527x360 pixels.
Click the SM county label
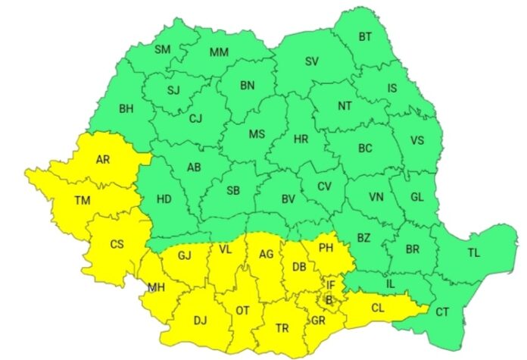point(163,50)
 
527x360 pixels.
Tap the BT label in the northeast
point(365,36)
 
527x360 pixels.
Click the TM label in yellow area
point(82,202)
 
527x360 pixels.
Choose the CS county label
point(117,244)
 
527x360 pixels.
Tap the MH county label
point(157,288)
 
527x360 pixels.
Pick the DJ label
point(200,321)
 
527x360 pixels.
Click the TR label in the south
point(282,328)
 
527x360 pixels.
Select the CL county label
point(377,308)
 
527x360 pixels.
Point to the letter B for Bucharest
point(328,300)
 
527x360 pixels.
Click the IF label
point(331,285)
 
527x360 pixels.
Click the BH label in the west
point(126,108)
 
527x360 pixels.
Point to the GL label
point(417,196)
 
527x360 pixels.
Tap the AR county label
point(102,160)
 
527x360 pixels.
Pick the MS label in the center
point(257,135)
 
